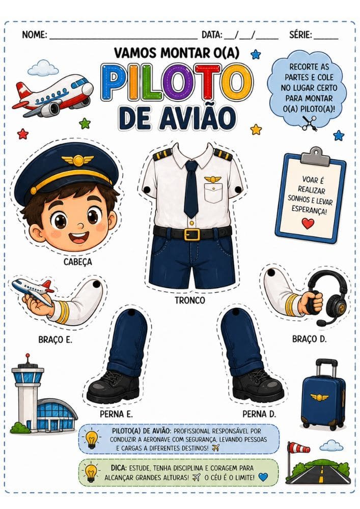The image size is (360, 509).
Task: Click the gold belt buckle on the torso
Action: (x=191, y=234)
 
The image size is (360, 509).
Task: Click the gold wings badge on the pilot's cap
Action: (x=77, y=160)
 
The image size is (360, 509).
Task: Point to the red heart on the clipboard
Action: (x=308, y=223)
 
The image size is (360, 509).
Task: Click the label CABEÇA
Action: (x=77, y=262)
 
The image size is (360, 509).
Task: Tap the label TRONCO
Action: (x=190, y=300)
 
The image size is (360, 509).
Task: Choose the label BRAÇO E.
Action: (x=55, y=340)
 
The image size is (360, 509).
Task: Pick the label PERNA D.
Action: (x=259, y=414)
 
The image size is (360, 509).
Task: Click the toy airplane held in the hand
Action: (x=33, y=288)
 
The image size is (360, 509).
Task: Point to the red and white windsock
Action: (x=299, y=448)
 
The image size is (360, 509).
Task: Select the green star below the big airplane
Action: (x=85, y=123)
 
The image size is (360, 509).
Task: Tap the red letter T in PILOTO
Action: (x=208, y=82)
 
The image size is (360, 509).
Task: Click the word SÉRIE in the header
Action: (x=300, y=35)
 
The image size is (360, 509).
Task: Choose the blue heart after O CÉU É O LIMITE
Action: (x=263, y=477)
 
